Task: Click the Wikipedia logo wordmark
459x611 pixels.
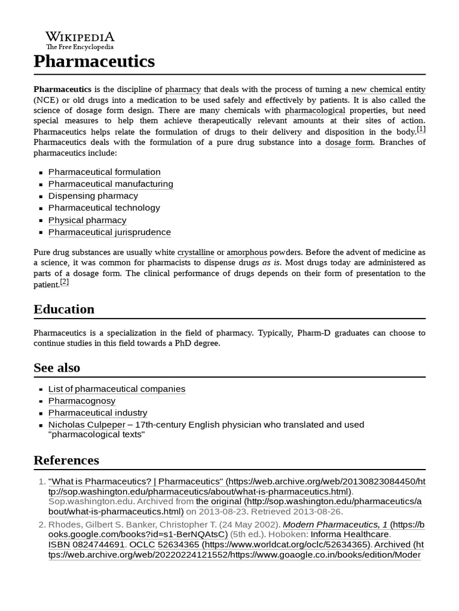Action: pyautogui.click(x=80, y=36)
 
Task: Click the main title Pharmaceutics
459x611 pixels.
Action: pyautogui.click(x=94, y=61)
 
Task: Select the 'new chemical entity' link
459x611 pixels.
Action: pyautogui.click(x=388, y=89)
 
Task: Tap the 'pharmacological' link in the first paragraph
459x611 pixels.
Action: pyautogui.click(x=315, y=110)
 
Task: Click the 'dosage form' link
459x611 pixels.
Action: pyautogui.click(x=348, y=142)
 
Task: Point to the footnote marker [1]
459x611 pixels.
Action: pyautogui.click(x=421, y=129)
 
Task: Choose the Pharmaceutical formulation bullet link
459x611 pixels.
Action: pyautogui.click(x=104, y=172)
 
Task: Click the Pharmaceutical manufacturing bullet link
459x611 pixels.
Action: pyautogui.click(x=111, y=184)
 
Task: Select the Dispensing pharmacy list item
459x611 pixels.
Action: pyautogui.click(x=93, y=196)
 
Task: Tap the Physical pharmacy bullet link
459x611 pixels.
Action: pyautogui.click(x=87, y=220)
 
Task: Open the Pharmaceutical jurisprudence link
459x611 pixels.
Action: pyautogui.click(x=109, y=232)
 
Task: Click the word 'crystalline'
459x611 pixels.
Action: pyautogui.click(x=195, y=252)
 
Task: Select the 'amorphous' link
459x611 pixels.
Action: pyautogui.click(x=247, y=252)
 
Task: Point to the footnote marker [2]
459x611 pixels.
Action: pyautogui.click(x=65, y=282)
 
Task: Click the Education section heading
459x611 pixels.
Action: pyautogui.click(x=64, y=309)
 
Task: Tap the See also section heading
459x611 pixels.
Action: pyautogui.click(x=57, y=368)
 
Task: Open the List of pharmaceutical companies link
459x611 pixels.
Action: pyautogui.click(x=117, y=389)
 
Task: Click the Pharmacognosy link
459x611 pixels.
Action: pyautogui.click(x=82, y=401)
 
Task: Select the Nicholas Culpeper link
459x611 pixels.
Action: pyautogui.click(x=87, y=425)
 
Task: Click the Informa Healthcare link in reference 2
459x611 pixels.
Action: pyautogui.click(x=350, y=534)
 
